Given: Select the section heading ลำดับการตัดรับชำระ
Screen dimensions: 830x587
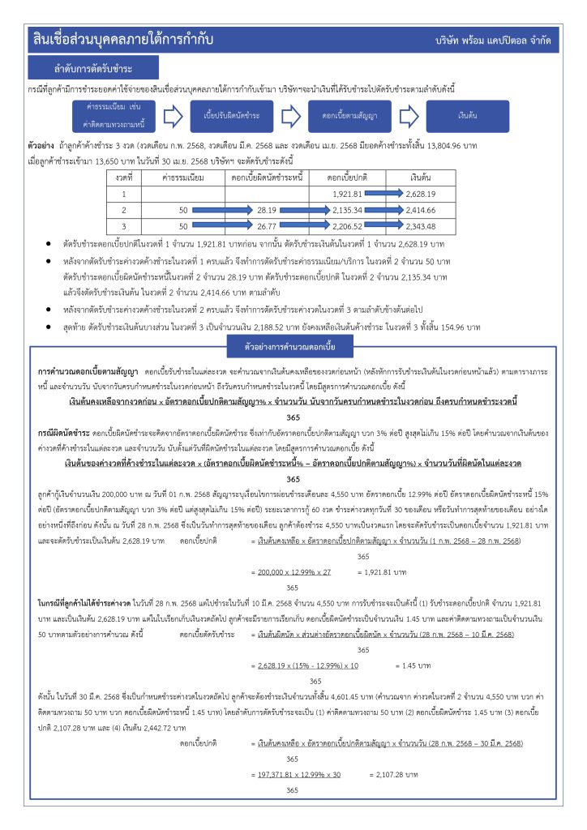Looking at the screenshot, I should pos(93,67).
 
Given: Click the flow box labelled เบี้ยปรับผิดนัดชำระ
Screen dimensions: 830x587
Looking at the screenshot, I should pos(231,116).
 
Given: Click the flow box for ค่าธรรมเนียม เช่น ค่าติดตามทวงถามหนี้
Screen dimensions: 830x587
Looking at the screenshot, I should pos(108,116).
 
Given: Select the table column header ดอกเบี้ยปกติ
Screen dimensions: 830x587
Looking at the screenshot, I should pos(348,176).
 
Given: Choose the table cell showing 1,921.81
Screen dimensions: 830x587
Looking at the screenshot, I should pos(346,194).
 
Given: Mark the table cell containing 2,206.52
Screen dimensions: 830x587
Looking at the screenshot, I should pos(346,225).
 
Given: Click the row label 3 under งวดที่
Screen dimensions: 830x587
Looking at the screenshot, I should pos(124,225).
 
